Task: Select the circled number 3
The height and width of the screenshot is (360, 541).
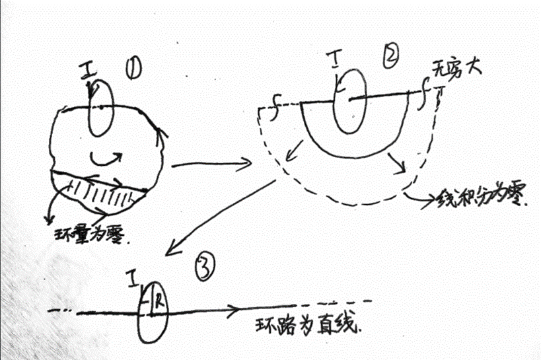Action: click(205, 266)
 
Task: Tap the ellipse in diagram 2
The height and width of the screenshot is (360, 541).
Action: click(349, 101)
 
